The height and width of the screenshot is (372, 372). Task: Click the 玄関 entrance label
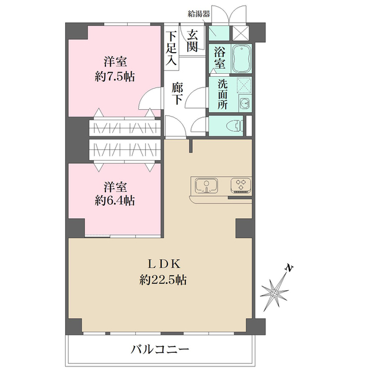193,40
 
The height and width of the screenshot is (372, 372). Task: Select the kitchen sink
206,185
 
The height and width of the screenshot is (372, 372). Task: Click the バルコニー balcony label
159,349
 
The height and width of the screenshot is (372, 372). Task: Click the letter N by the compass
288,268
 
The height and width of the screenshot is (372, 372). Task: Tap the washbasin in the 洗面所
244,104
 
